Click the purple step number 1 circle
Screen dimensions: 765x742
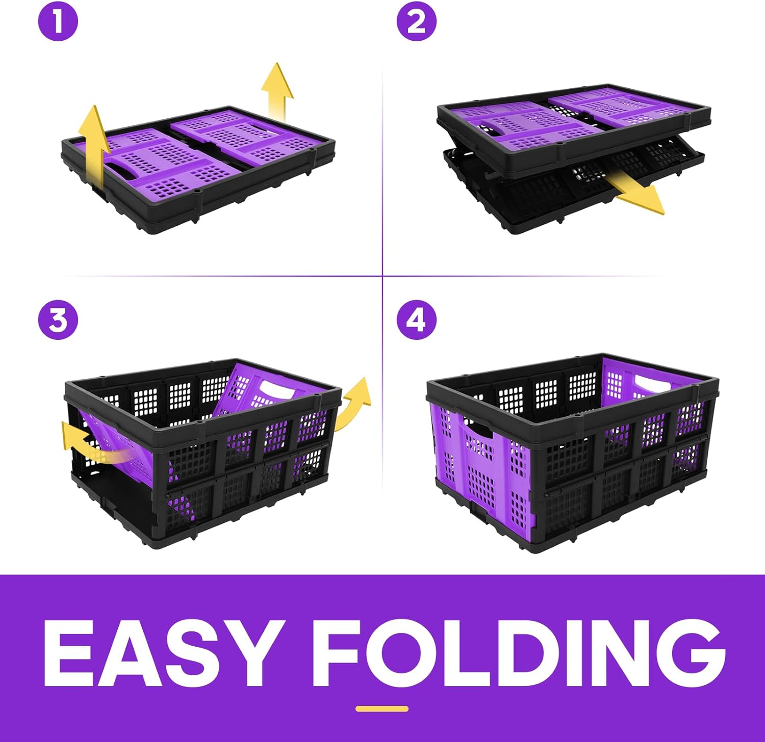click(x=58, y=22)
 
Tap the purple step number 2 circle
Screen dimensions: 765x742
click(x=417, y=22)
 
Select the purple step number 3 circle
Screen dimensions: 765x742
click(x=58, y=321)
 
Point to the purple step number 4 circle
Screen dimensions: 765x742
click(x=417, y=321)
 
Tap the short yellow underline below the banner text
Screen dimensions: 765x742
click(x=382, y=708)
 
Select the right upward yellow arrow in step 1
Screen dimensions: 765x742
click(x=277, y=92)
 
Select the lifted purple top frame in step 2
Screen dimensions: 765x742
click(x=574, y=127)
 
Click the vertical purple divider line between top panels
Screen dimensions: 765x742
click(x=382, y=173)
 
